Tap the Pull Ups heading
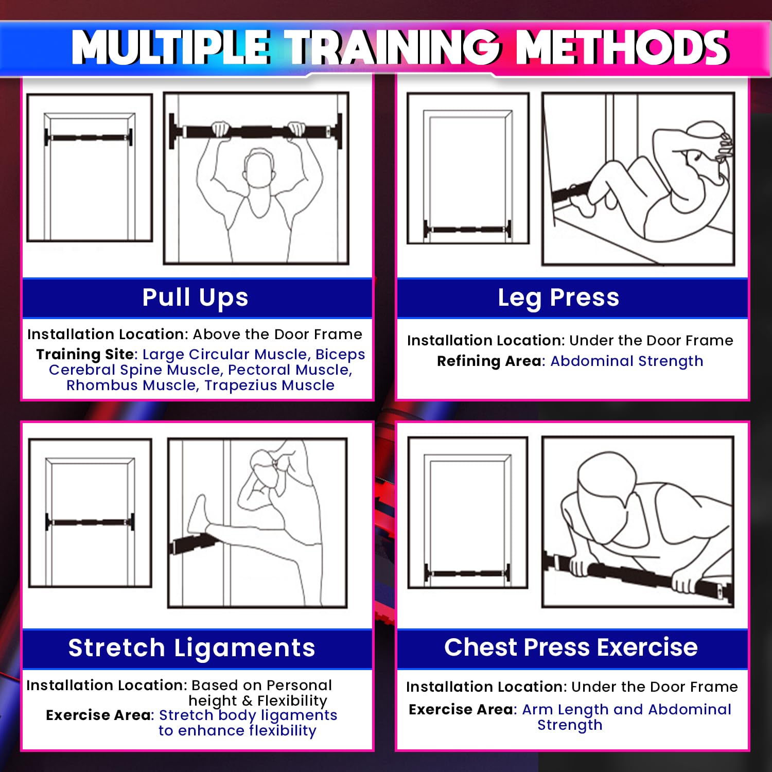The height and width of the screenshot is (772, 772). click(x=196, y=297)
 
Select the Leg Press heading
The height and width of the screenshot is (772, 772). click(x=558, y=297)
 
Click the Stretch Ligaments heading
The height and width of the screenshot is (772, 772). click(x=192, y=647)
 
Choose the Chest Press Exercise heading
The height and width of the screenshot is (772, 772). click(x=571, y=647)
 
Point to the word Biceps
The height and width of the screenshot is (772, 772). click(x=340, y=355)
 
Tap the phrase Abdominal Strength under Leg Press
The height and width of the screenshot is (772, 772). click(x=627, y=361)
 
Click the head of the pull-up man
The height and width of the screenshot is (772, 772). click(x=259, y=170)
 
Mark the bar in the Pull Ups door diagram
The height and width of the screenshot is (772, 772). click(x=89, y=137)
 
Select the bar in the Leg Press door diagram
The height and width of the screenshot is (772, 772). click(x=467, y=230)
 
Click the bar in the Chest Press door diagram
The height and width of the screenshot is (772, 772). click(x=467, y=573)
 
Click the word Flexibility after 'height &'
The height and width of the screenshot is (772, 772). click(x=292, y=701)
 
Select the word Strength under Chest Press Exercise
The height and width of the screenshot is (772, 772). click(x=570, y=725)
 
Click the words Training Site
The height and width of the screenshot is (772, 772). click(x=85, y=355)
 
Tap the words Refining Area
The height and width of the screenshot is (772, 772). click(x=490, y=361)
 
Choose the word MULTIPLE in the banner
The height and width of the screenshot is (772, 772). click(x=171, y=47)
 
